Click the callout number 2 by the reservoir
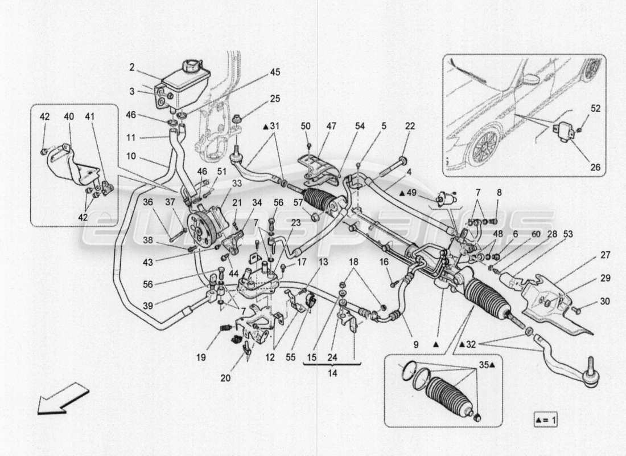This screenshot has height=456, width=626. [132, 67]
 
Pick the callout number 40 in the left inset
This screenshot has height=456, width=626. [68, 117]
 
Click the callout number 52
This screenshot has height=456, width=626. [595, 108]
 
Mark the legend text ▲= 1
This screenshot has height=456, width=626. [546, 420]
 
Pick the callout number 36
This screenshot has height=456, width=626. [148, 201]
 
